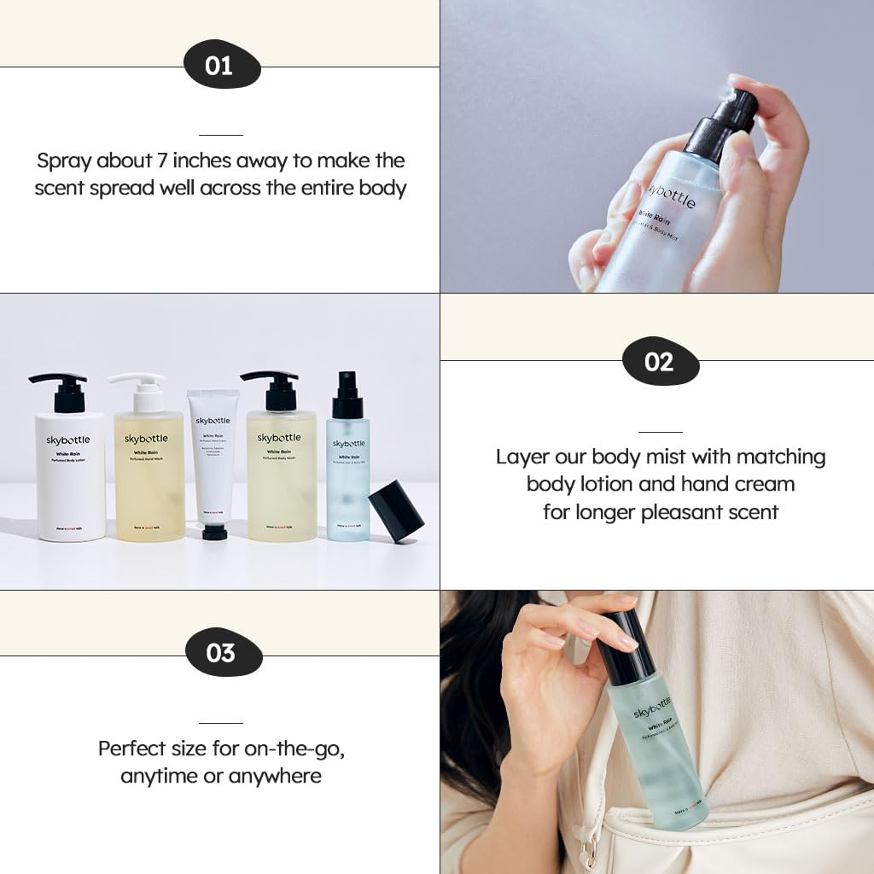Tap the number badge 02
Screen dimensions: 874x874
660,362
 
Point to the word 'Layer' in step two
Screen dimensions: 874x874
521,457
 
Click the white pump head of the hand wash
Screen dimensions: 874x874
139,382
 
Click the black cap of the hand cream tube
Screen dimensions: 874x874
214,533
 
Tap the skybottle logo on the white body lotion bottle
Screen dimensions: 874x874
68,440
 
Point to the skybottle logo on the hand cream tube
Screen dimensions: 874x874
213,420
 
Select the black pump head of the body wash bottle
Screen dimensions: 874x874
271,385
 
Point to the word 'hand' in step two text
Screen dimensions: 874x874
707,484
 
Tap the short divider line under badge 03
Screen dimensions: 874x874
221,723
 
